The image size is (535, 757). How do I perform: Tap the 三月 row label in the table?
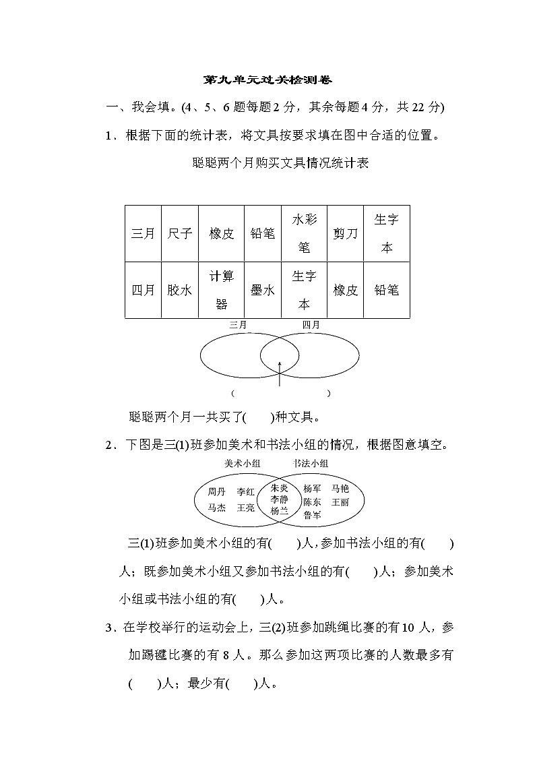coord(143,233)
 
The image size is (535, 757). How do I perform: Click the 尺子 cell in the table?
coord(179,233)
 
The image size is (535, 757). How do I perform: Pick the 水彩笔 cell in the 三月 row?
coord(304,233)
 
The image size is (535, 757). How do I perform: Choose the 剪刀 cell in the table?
coord(346,233)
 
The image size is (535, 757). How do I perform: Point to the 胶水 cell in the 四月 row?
coord(179,290)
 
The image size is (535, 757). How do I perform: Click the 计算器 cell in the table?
coord(221,290)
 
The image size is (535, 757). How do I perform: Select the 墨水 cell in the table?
coord(262,290)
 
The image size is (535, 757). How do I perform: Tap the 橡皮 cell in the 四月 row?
coord(346,290)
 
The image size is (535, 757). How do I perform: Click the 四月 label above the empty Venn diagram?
coord(311,325)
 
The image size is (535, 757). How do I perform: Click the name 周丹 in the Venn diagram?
coord(217,491)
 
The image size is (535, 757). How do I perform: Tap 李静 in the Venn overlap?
coord(280,499)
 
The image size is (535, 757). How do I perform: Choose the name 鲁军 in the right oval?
coord(312,515)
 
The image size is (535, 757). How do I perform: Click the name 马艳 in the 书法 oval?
coord(340,489)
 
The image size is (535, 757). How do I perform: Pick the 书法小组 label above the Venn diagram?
coord(311,463)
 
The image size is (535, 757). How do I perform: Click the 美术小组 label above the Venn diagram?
coord(243,463)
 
